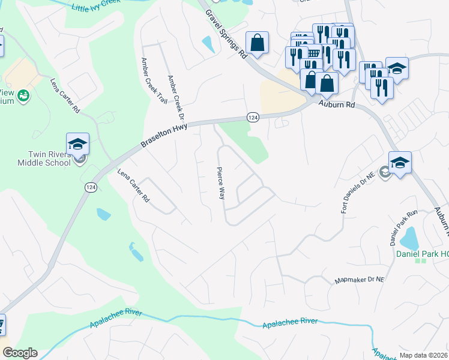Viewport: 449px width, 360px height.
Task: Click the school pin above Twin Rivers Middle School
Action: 78,145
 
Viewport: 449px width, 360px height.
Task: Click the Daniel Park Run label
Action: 394,230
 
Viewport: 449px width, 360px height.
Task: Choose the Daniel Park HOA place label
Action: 422,254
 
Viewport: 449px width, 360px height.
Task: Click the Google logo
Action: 19,353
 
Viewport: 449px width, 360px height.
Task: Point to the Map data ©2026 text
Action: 423,355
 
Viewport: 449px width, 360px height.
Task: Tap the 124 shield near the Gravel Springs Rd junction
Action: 253,118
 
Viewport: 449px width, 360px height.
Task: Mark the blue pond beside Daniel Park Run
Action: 409,239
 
